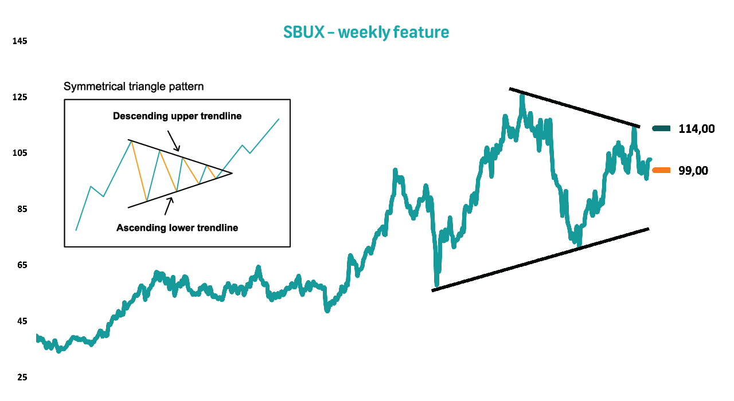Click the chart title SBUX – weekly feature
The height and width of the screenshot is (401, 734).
pyautogui.click(x=366, y=33)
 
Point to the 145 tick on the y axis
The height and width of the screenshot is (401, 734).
pyautogui.click(x=19, y=41)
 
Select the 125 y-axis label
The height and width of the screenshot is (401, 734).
pyautogui.click(x=19, y=97)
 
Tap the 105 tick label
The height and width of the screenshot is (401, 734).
pyautogui.click(x=19, y=153)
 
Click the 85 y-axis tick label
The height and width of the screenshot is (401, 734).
pyautogui.click(x=22, y=209)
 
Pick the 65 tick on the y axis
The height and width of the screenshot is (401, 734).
pyautogui.click(x=22, y=265)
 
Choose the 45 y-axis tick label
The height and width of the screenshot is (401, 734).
pyautogui.click(x=22, y=321)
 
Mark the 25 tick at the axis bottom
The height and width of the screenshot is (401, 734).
pyautogui.click(x=22, y=378)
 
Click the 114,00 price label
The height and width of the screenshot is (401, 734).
pyautogui.click(x=696, y=129)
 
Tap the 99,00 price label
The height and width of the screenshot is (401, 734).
pyautogui.click(x=693, y=171)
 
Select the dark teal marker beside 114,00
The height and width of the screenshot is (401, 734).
pyautogui.click(x=661, y=128)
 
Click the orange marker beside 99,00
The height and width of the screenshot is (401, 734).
pyautogui.click(x=661, y=170)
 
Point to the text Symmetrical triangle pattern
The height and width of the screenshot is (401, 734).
pyautogui.click(x=134, y=87)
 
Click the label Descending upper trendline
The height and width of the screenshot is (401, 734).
pyautogui.click(x=177, y=116)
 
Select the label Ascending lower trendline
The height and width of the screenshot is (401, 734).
pyautogui.click(x=177, y=227)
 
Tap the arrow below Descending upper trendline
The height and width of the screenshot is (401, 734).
pyautogui.click(x=173, y=141)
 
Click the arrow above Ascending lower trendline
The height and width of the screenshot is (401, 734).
pyautogui.click(x=169, y=206)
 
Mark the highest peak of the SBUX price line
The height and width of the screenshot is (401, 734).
pyautogui.click(x=522, y=95)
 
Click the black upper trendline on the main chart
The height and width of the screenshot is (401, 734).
pyautogui.click(x=575, y=107)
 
